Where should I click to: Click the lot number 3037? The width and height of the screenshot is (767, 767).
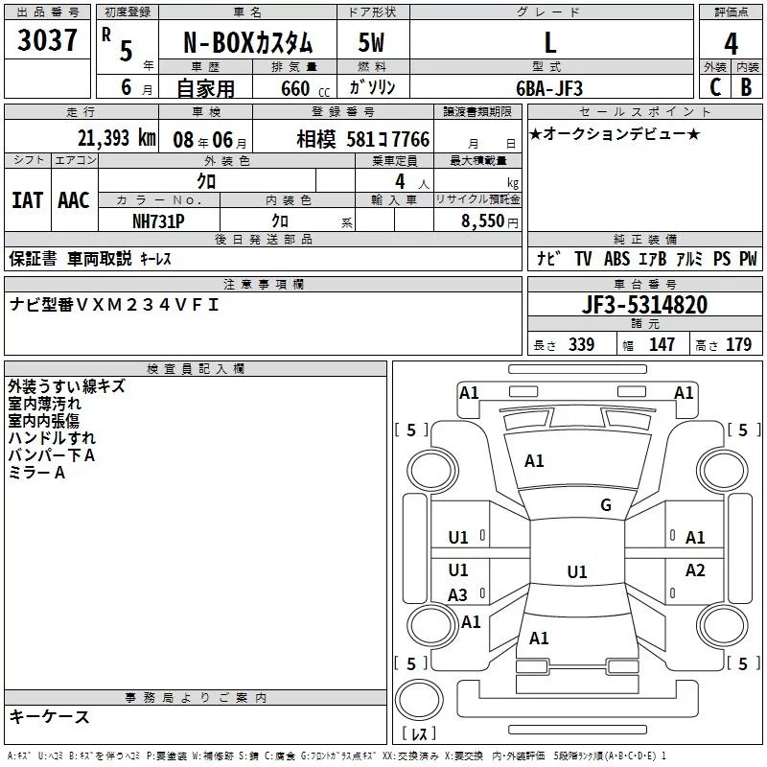(x=48, y=41)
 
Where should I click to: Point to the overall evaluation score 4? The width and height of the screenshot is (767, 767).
(x=731, y=42)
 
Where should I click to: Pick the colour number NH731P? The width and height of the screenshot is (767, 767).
(x=160, y=220)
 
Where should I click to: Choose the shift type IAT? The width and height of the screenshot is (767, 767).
(x=27, y=199)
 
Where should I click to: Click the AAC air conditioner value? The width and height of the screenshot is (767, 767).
(x=73, y=199)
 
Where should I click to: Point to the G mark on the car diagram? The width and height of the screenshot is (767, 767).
(x=605, y=505)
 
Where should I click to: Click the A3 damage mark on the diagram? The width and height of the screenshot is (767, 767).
(x=458, y=594)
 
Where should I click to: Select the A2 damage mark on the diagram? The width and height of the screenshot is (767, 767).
(x=695, y=570)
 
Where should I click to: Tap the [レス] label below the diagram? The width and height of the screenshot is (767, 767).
(x=418, y=734)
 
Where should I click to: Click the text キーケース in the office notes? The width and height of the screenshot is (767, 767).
(x=49, y=717)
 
